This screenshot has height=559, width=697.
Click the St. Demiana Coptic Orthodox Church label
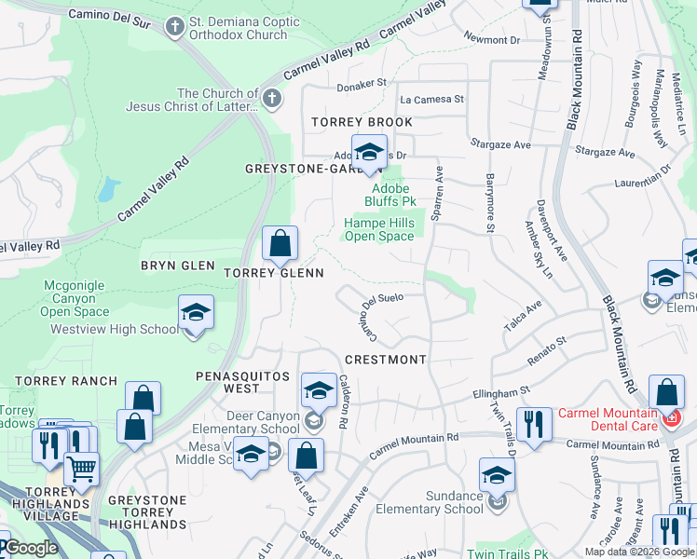pyautogui.click(x=238, y=27)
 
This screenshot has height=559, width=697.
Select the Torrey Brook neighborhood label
pyautogui.click(x=362, y=122)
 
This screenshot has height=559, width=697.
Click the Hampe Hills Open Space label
pyautogui.click(x=379, y=229)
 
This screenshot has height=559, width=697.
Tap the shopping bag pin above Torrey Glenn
pyautogui.click(x=280, y=245)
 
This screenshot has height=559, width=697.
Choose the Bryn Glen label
pyautogui.click(x=177, y=266)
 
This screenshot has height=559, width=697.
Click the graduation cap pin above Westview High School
pyautogui.click(x=196, y=313)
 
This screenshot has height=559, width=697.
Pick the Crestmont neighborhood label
pyautogui.click(x=385, y=359)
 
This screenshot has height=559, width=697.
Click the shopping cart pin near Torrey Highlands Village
pyautogui.click(x=82, y=469)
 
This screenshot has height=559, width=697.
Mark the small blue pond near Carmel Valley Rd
pyautogui.click(x=107, y=190)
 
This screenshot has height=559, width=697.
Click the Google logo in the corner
pyautogui.click(x=31, y=549)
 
